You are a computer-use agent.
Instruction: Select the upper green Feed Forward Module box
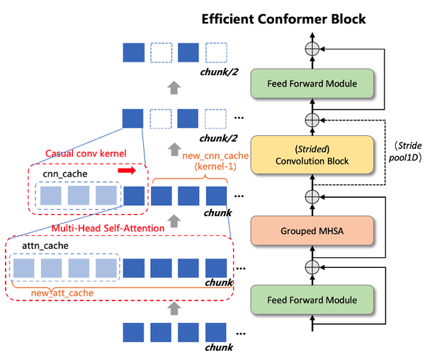pos(312,84)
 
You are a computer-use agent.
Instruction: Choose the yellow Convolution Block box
pos(312,155)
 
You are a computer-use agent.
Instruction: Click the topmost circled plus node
pos(312,47)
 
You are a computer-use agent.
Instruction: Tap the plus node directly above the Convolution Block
pos(312,119)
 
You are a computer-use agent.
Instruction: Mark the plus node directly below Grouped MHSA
pos(312,266)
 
